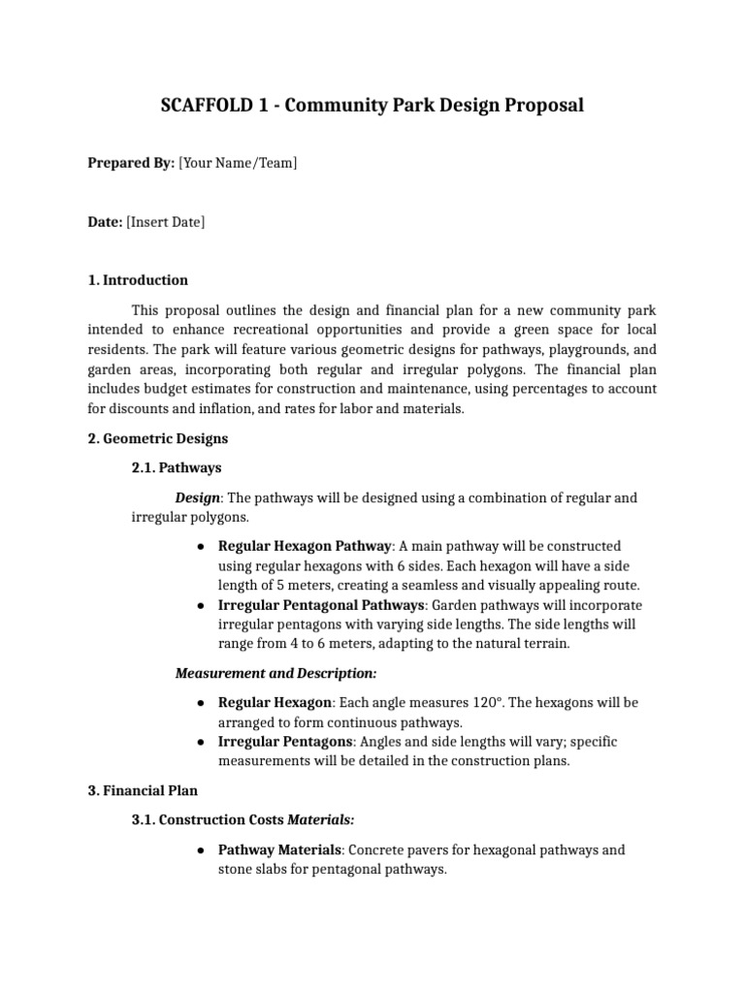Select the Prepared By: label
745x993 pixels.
[x=131, y=163]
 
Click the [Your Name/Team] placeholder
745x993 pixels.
[x=238, y=163]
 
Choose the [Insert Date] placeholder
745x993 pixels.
[x=165, y=222]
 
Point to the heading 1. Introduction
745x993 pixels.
[x=138, y=280]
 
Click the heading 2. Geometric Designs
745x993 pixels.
[x=157, y=438]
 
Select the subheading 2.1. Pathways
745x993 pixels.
[x=176, y=467]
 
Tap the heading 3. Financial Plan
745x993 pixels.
[x=143, y=791]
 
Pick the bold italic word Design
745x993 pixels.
[x=197, y=497]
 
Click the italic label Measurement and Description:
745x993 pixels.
[x=275, y=672]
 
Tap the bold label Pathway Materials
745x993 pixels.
[x=279, y=849]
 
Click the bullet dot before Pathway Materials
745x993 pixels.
[x=199, y=850]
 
